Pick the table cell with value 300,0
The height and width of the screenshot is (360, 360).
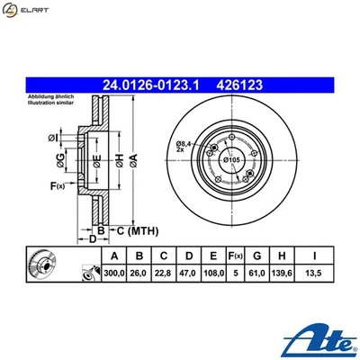[x=112, y=272]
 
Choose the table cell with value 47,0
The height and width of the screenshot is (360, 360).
[x=189, y=272]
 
